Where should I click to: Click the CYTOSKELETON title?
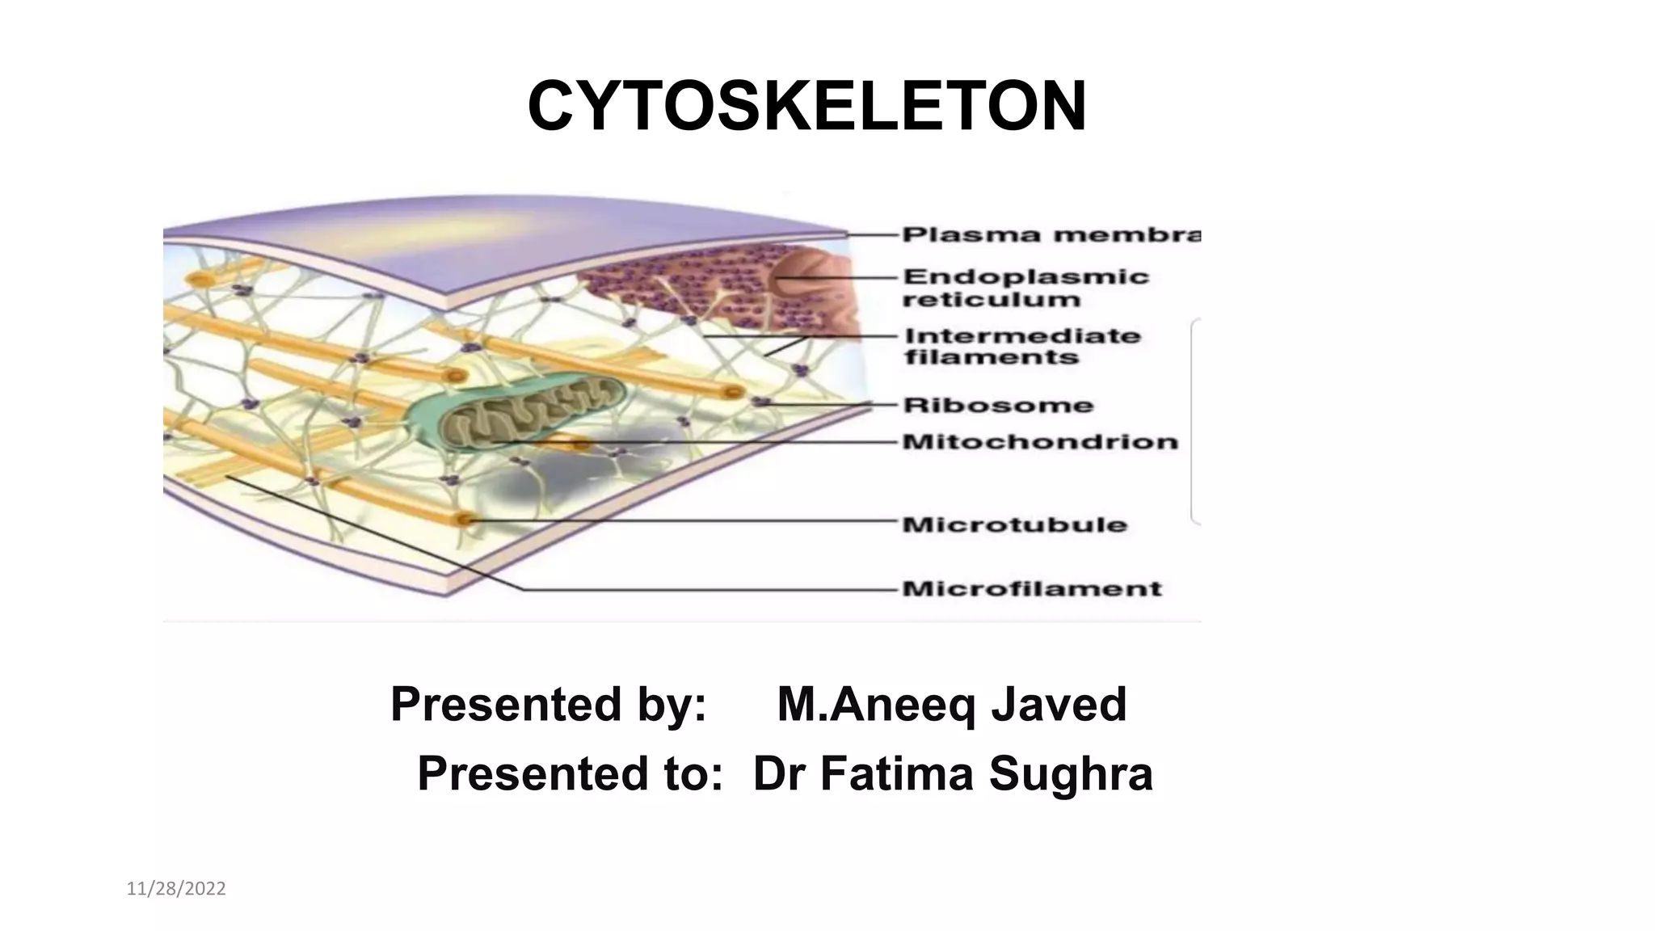(806, 107)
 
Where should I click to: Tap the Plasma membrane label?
(1051, 235)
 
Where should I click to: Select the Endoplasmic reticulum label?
(1025, 288)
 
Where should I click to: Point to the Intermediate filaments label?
(1021, 347)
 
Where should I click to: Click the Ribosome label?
(997, 405)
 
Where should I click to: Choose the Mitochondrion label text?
(1039, 442)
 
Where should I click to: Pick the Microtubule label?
(1014, 524)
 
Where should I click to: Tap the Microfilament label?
(1031, 588)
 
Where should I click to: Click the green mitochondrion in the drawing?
(517, 409)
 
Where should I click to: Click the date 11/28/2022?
(176, 889)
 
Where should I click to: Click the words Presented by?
(549, 704)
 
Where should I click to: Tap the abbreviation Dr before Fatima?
(779, 773)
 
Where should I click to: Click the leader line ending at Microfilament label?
(711, 589)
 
